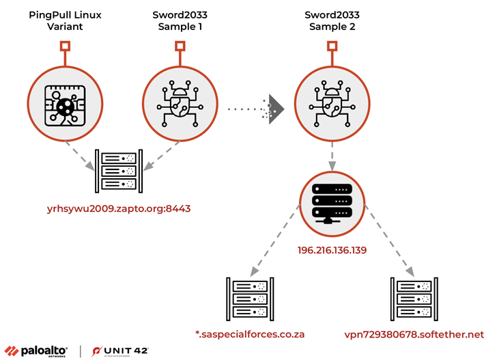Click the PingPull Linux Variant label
pos(65,20)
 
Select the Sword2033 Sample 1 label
pos(179,20)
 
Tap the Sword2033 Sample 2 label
pos(332,20)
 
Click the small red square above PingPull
pos(65,46)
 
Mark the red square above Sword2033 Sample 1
pos(179,46)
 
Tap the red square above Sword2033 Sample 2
pos(332,46)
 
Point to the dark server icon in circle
pos(332,203)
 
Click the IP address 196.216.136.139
pos(332,251)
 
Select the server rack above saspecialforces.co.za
pos(249,299)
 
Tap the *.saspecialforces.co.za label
pos(249,335)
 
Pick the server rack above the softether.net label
pos(413,299)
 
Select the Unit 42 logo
pos(120,350)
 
